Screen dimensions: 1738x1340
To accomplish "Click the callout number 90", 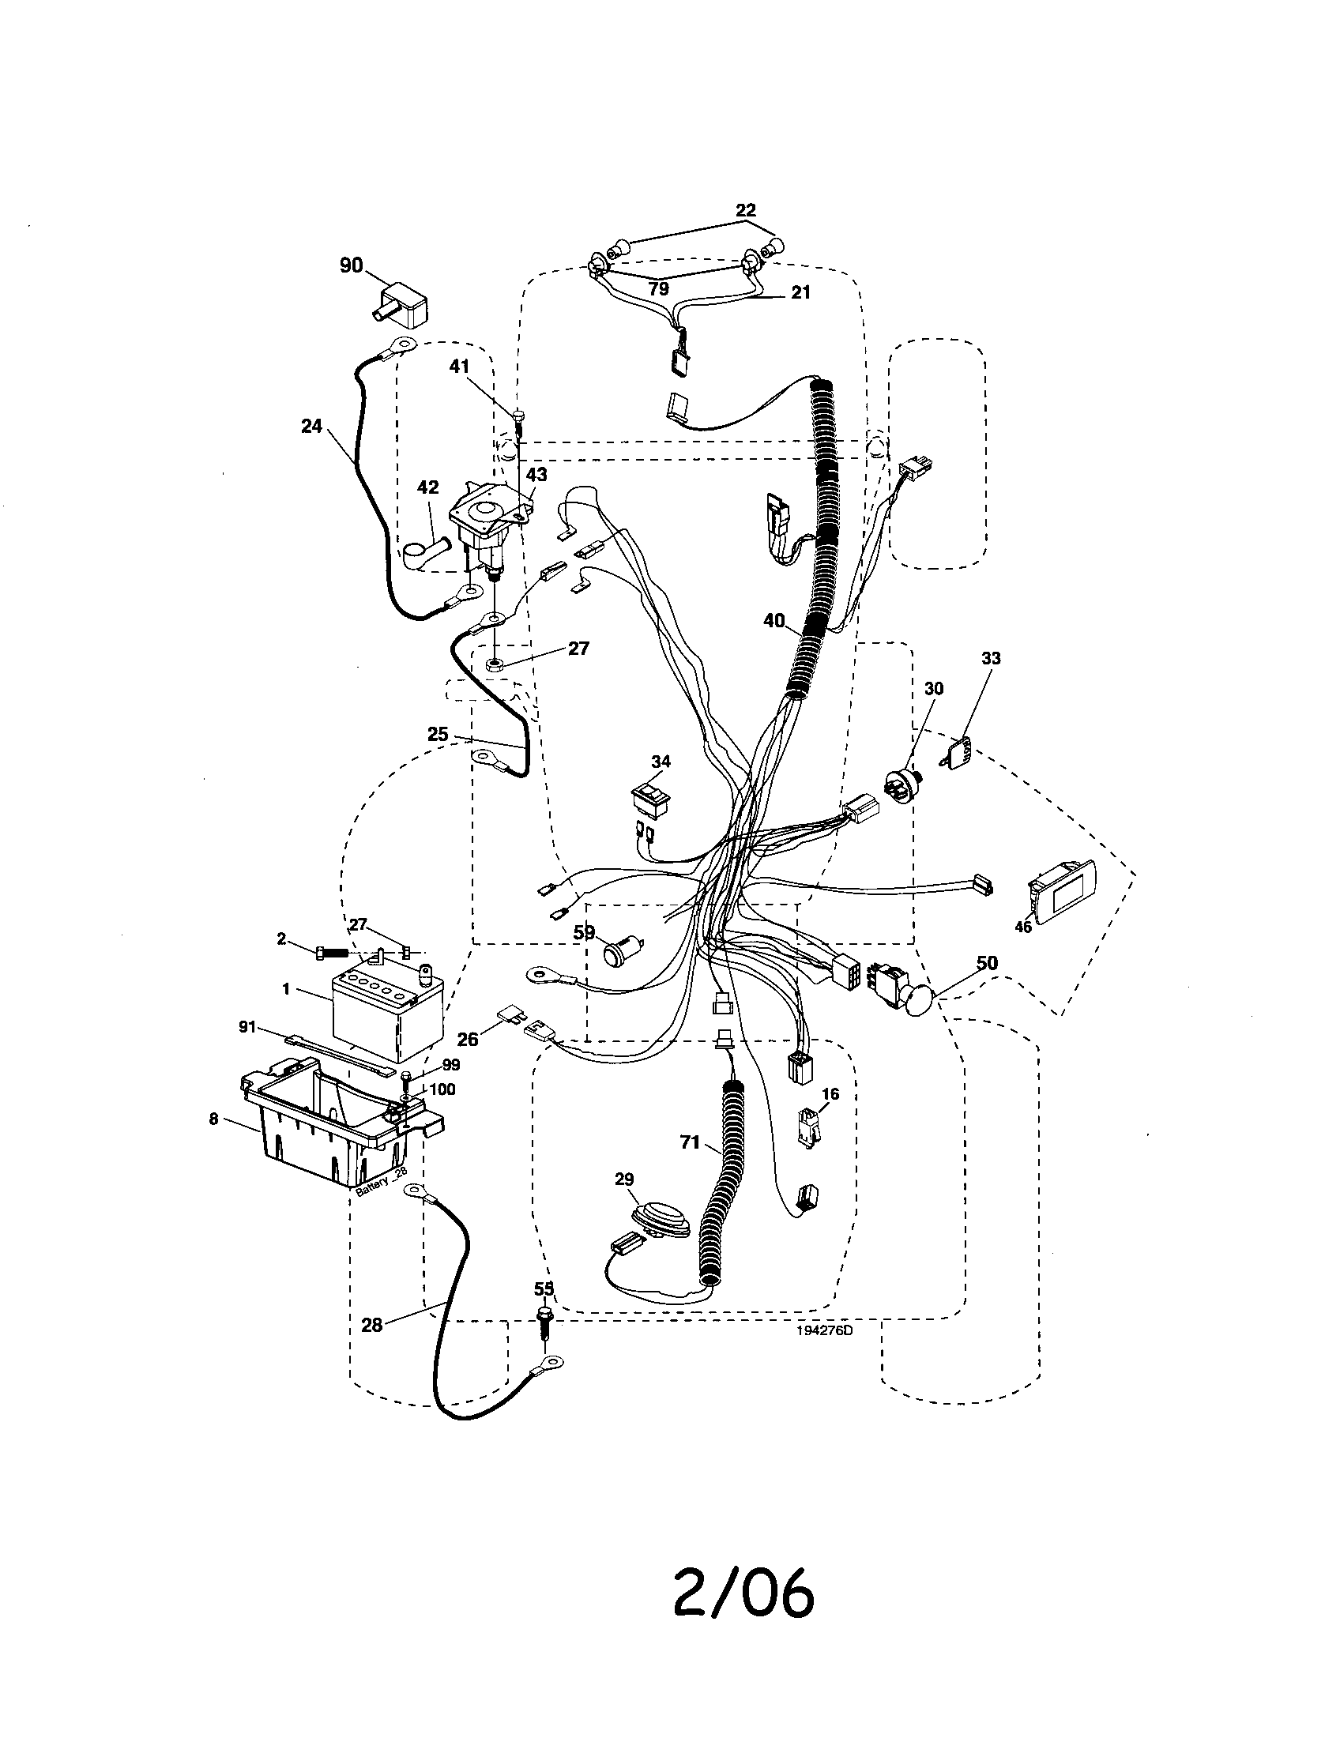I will [x=351, y=265].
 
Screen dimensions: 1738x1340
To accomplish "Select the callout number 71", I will [x=689, y=1143].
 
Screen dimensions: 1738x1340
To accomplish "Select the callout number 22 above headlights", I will [x=746, y=210].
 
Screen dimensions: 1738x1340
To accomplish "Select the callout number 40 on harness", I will [x=774, y=621].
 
